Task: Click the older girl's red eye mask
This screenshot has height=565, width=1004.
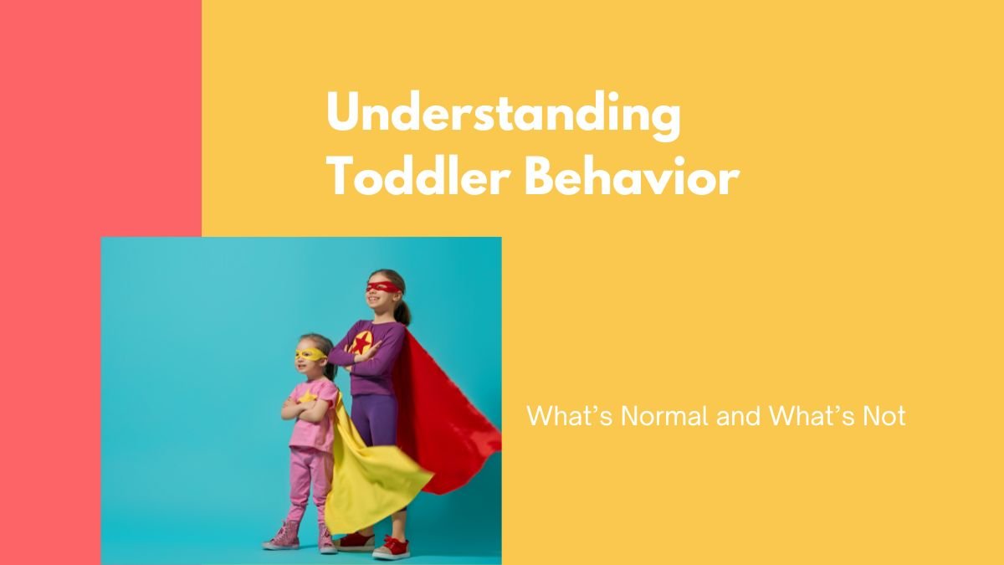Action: coord(383,287)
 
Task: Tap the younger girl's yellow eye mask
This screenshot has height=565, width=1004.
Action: coord(310,355)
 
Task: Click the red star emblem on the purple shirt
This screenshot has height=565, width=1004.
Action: coord(361,343)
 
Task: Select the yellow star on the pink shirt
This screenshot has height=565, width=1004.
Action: coord(308,397)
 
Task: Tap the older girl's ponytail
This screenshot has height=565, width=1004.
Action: coord(403,311)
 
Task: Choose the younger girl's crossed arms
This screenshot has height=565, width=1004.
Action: coord(305,410)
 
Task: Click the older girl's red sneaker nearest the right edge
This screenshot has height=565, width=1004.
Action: coord(392,548)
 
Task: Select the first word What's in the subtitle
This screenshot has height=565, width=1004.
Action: coord(569,416)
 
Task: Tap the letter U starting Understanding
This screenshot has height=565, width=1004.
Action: coord(344,110)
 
